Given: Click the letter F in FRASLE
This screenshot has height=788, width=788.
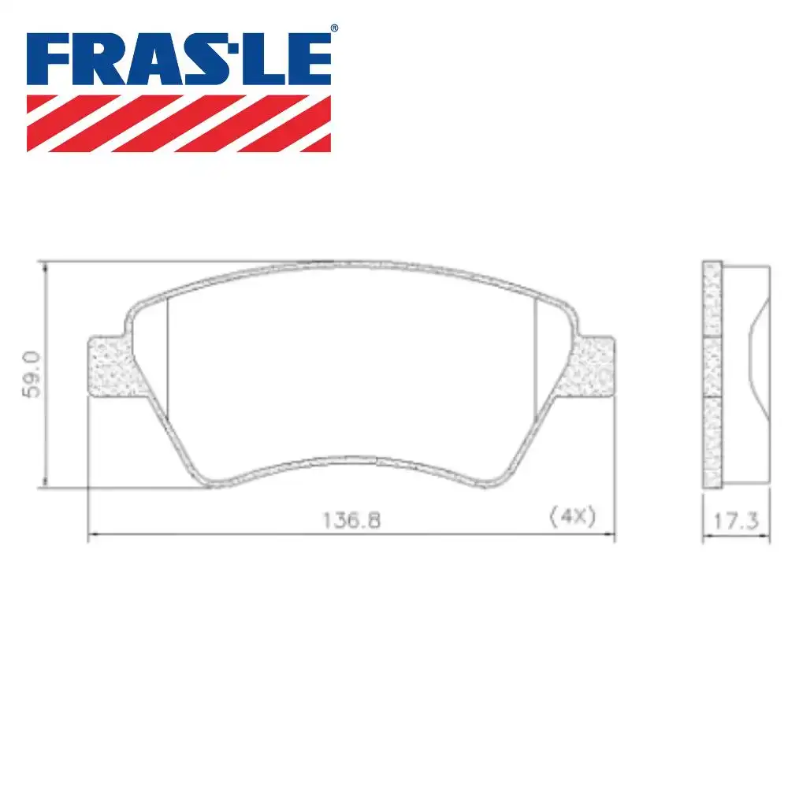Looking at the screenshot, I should [49, 60].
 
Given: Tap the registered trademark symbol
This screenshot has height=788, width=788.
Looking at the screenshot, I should [333, 29].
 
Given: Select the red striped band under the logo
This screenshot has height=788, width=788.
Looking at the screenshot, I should [179, 123].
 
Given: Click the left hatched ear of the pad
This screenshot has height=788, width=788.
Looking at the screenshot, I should [109, 366].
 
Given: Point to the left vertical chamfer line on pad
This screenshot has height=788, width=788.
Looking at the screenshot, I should [169, 362].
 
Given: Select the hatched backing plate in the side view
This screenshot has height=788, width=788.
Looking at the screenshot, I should [712, 374].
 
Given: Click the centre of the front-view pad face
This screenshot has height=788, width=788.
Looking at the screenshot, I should [351, 370].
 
